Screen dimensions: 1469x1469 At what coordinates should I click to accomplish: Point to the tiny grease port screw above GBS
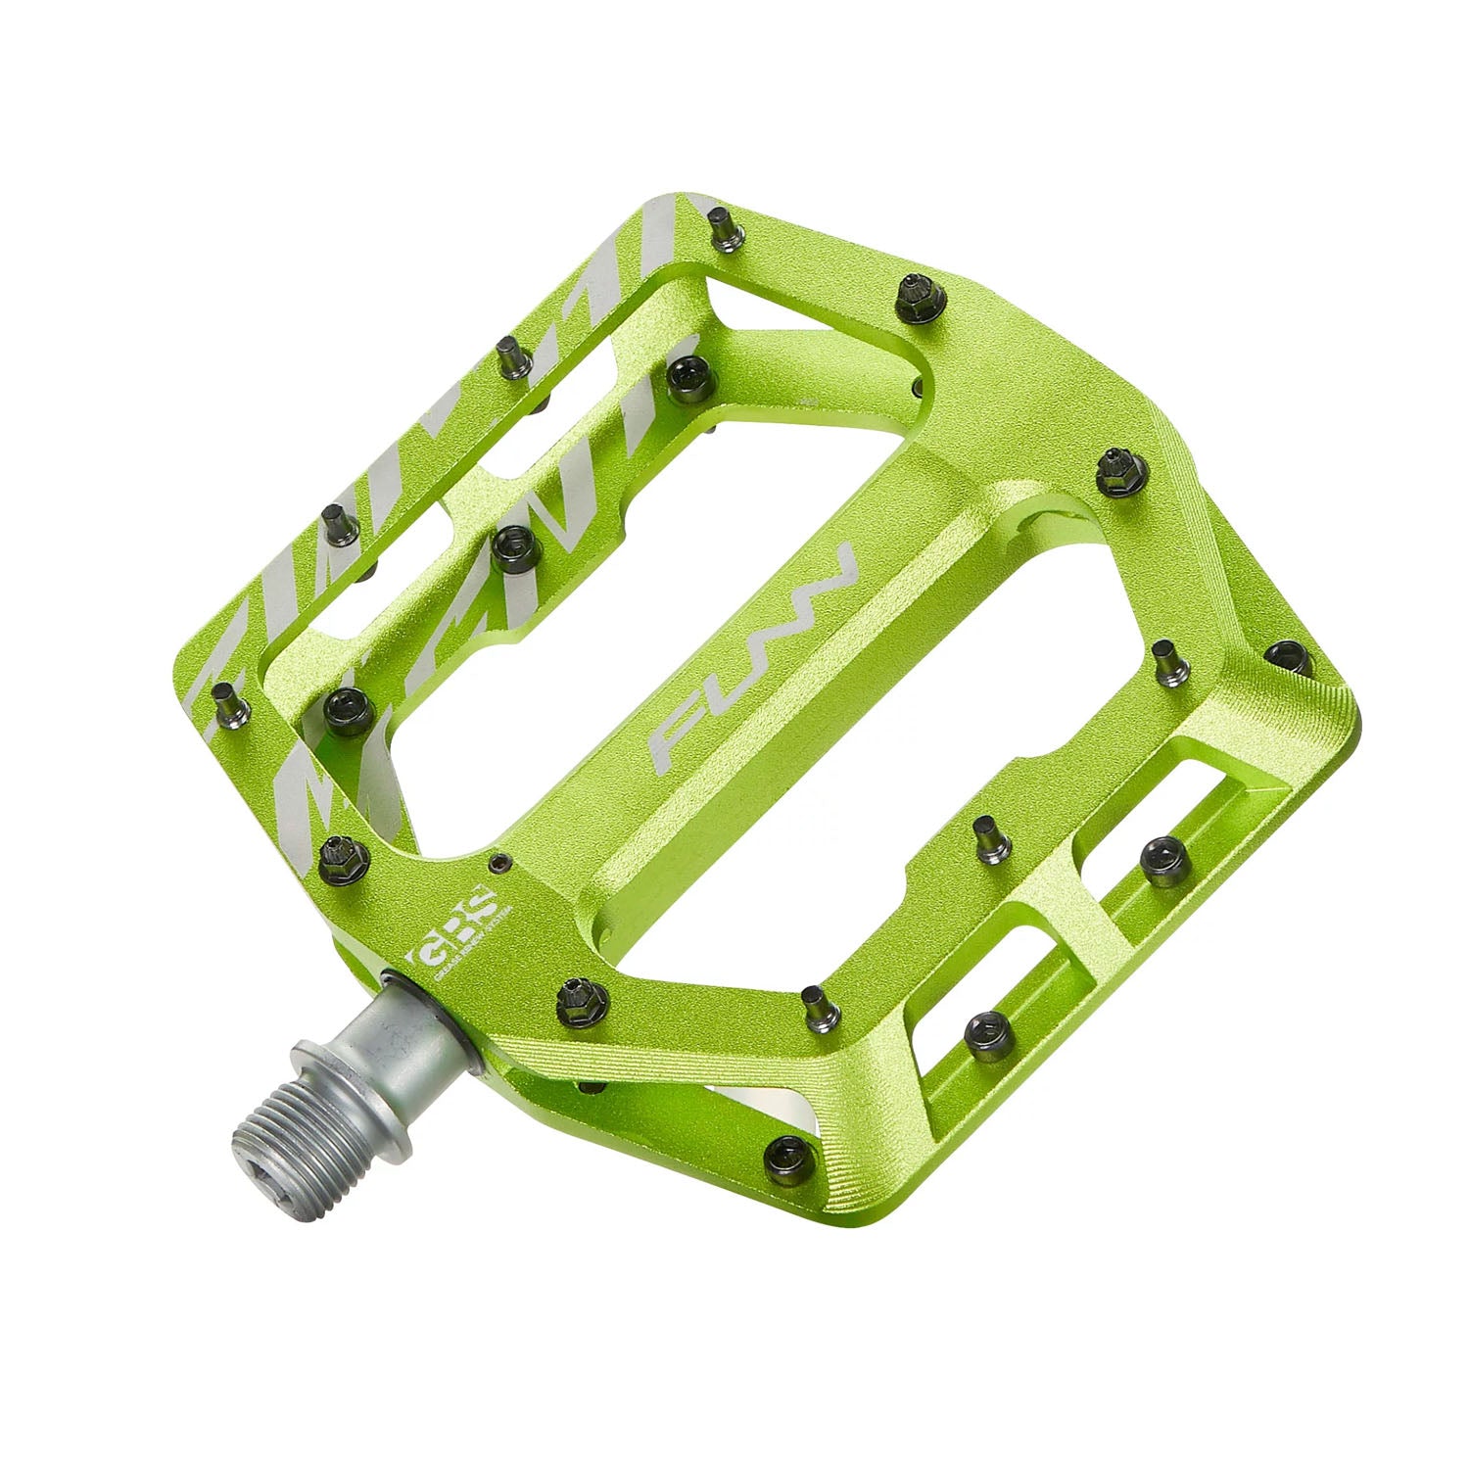501,862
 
